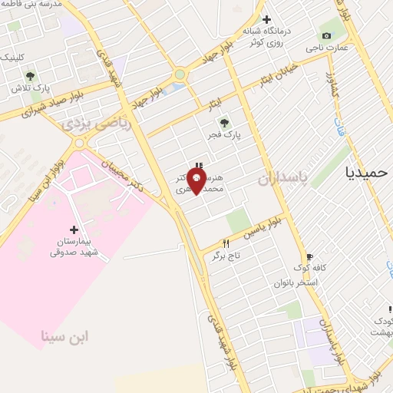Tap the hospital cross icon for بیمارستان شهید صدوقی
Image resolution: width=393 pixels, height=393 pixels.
click(x=74, y=230)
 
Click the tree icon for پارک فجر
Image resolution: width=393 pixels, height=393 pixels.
click(x=224, y=122)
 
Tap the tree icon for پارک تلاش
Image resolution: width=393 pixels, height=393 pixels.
click(x=30, y=76)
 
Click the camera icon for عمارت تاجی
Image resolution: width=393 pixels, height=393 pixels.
click(x=327, y=36)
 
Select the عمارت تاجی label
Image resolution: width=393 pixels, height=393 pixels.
click(x=327, y=48)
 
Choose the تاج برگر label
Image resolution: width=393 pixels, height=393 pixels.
click(x=226, y=255)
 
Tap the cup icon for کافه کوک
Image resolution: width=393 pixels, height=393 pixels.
click(x=309, y=257)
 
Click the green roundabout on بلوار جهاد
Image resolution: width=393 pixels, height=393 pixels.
click(x=180, y=74)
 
